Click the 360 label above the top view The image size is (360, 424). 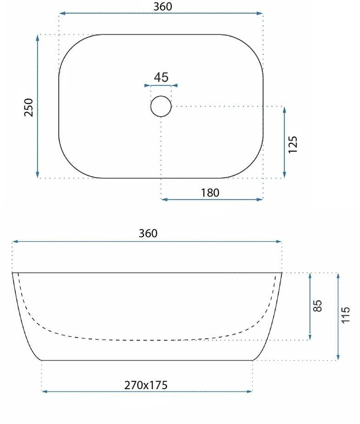click(163, 6)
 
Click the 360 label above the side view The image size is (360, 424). click(148, 233)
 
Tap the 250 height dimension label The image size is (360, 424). click(28, 107)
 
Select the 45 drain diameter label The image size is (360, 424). click(161, 77)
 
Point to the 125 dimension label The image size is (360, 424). click(292, 145)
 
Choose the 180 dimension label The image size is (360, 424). click(210, 193)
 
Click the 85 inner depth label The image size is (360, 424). click(318, 305)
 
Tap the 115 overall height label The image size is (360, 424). click(346, 315)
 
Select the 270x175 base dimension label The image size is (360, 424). click(146, 385)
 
